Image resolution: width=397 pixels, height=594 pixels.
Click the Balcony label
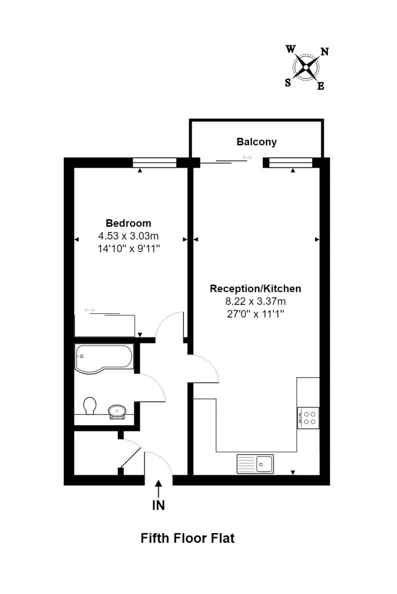click(257, 142)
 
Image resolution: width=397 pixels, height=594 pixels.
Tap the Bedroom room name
click(128, 223)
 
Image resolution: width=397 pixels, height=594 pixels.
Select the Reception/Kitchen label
click(255, 289)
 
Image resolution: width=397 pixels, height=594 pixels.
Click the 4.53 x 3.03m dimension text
click(128, 236)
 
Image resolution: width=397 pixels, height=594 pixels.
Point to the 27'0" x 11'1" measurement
click(255, 314)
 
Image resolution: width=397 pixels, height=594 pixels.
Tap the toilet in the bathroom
click(89, 405)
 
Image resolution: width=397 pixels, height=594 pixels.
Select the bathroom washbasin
click(117, 411)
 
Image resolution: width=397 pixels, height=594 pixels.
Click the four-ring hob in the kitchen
click(308, 418)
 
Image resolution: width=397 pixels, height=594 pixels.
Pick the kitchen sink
click(255, 464)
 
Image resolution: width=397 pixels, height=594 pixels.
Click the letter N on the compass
click(324, 52)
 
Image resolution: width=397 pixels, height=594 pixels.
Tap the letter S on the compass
click(288, 82)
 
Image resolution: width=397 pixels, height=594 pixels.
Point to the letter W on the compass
click(291, 49)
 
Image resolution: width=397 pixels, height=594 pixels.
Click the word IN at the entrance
click(158, 505)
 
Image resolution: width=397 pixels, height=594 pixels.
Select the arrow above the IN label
click(158, 488)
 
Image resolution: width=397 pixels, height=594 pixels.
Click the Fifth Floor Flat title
click(187, 538)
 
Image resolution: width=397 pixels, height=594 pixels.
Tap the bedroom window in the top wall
click(155, 163)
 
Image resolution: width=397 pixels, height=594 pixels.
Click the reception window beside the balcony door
click(290, 163)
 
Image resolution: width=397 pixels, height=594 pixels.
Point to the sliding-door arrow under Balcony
click(247, 157)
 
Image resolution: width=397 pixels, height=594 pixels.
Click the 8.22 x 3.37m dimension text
click(255, 302)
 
